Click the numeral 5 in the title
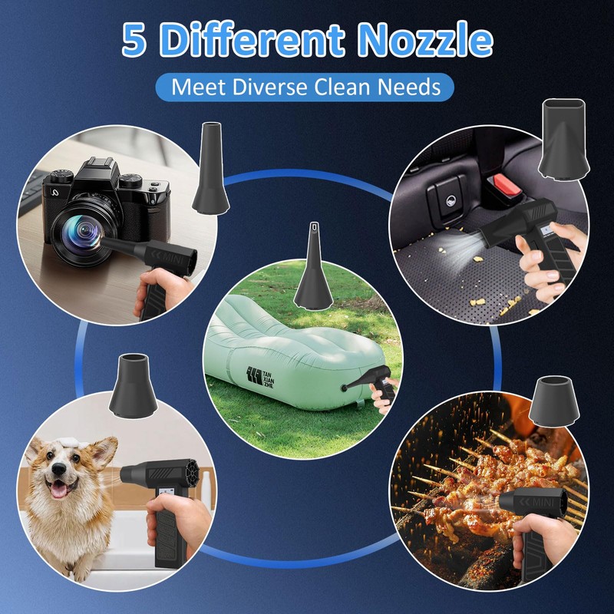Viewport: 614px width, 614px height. tap(134, 39)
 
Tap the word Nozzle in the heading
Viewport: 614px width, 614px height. tap(425, 39)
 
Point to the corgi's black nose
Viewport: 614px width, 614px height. tap(59, 468)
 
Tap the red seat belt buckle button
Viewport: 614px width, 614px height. tap(507, 185)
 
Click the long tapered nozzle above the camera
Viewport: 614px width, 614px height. tap(210, 168)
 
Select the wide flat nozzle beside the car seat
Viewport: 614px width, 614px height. tap(564, 140)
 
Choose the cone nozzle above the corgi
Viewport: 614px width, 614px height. tap(133, 386)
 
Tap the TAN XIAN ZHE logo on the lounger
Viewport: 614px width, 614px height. tap(260, 377)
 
